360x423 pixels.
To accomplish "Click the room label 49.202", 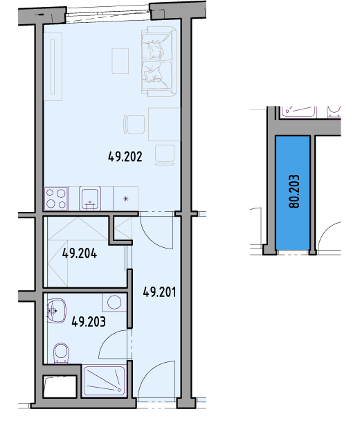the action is [x=125, y=156].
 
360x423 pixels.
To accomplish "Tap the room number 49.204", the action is [x=80, y=253].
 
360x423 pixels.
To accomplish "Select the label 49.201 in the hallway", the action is [x=159, y=292].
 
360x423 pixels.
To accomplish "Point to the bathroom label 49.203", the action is [x=89, y=321].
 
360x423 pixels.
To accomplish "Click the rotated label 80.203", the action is [x=294, y=191].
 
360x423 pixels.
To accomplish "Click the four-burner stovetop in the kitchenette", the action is [x=56, y=199].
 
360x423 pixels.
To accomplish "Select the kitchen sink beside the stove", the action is [x=90, y=199].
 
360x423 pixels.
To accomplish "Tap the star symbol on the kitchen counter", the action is [x=126, y=199].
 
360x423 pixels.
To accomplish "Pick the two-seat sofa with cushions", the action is [x=159, y=61].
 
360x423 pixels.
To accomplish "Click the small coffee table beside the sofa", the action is [x=120, y=61].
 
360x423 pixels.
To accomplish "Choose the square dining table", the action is [x=164, y=124].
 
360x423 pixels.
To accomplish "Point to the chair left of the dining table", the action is [x=134, y=124].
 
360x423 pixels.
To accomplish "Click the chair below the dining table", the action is [x=165, y=155].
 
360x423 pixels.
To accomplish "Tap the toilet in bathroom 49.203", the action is [x=61, y=353].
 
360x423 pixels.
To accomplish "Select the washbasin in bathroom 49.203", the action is [x=57, y=311].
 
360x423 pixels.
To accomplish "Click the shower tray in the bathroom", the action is [x=104, y=381].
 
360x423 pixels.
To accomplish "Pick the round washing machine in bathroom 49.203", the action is [x=114, y=302].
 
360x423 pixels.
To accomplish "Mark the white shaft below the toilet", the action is [x=60, y=386].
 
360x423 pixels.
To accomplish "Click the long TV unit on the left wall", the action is [x=53, y=66].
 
